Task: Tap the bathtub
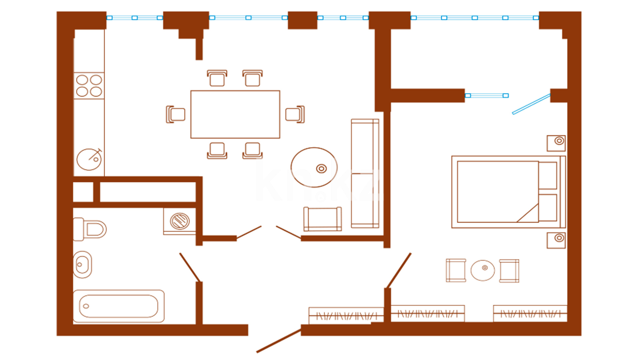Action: pos(119,306)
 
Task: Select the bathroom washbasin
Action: pos(82,265)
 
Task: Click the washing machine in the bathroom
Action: pos(180,221)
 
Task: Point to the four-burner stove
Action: pos(89,86)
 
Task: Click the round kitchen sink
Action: pos(89,159)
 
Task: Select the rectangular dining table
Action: pos(235,114)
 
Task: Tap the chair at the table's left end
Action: pos(176,114)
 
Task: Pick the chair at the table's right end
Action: pos(295,114)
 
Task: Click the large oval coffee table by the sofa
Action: pos(314,167)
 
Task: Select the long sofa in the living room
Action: pos(365,173)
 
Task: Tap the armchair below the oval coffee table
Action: pos(322,219)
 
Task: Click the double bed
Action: pos(508,192)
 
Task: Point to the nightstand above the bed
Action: pos(556,143)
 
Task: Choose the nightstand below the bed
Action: pos(556,240)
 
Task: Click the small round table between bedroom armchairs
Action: pos(483,270)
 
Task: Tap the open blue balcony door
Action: pos(531,104)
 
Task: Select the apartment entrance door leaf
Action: pos(279,341)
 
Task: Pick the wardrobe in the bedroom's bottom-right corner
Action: pos(530,313)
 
